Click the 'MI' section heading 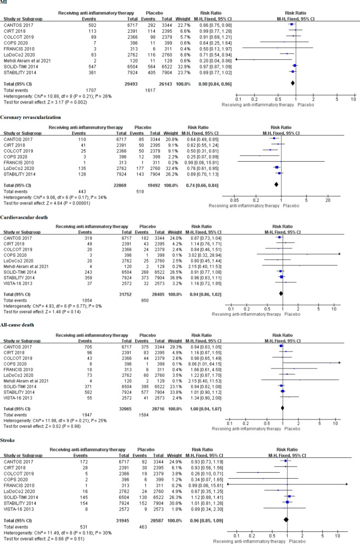[5, 4]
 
